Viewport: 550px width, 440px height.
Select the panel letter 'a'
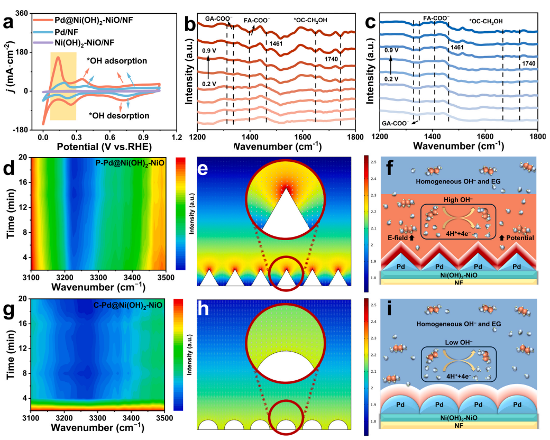coord(9,23)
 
